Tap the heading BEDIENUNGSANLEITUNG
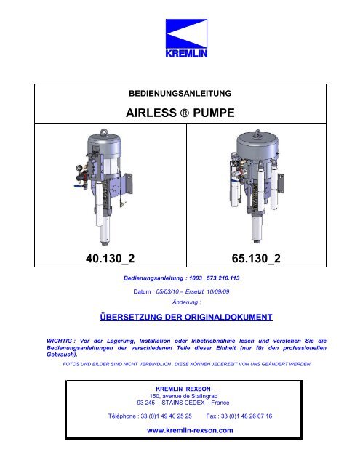(x=180, y=94)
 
